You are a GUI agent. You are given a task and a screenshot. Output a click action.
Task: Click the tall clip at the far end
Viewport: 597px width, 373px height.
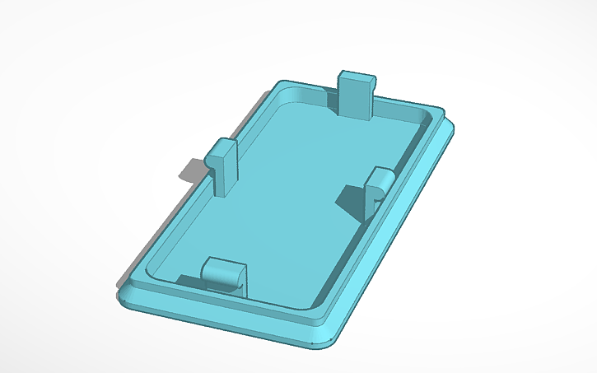pos(357,93)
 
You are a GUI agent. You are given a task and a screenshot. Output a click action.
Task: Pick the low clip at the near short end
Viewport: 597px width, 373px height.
pos(224,274)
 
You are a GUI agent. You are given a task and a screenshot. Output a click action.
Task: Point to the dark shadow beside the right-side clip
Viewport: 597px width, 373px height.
pos(353,200)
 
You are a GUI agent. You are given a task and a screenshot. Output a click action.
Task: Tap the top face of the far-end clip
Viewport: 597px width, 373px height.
pos(357,75)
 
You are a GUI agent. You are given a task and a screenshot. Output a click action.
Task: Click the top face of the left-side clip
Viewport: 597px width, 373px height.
pos(221,148)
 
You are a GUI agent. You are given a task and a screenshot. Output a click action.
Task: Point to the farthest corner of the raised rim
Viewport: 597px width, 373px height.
pos(285,84)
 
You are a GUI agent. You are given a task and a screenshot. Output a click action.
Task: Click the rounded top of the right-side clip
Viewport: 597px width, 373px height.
pos(382,174)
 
